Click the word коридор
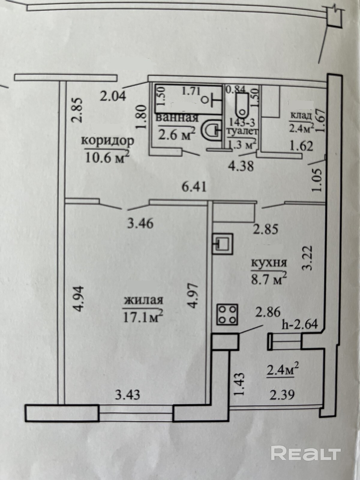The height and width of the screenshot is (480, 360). point(108,140)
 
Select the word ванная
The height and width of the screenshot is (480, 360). point(177,117)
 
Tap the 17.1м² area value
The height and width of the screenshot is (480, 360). point(143,316)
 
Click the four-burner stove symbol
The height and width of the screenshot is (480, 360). point(227,315)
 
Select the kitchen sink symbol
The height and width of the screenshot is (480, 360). point(222,243)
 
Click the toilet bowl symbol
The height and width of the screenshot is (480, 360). point(242,106)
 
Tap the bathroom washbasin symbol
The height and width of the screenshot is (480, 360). point(211,130)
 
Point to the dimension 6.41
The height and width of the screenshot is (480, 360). point(194,187)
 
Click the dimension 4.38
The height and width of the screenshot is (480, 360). point(241,166)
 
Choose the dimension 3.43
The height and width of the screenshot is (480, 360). point(128,394)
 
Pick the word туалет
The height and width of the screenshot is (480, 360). point(242,131)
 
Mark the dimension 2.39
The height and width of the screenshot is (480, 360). point(282,394)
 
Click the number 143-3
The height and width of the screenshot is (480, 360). point(242,122)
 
